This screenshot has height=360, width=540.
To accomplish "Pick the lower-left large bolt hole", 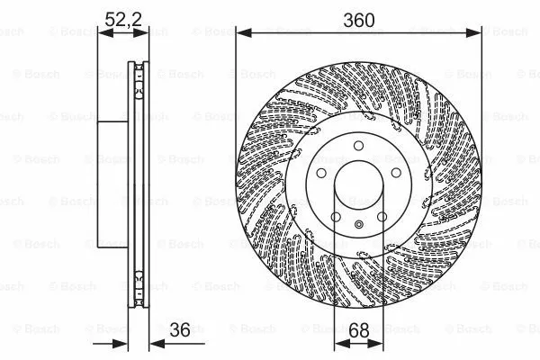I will (335, 216).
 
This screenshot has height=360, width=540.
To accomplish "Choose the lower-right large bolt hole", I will (381, 216).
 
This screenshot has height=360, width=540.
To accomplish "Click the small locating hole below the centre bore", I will (357, 224).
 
